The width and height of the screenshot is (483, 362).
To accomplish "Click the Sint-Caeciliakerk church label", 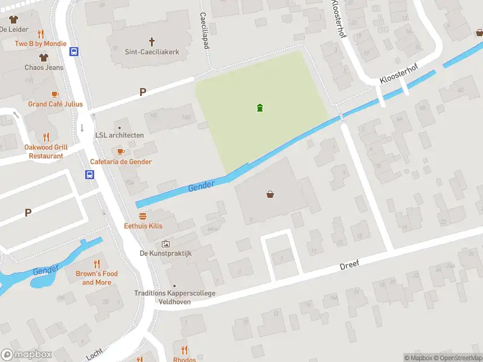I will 152,52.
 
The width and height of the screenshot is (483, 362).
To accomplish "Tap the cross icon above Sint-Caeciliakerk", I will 152,42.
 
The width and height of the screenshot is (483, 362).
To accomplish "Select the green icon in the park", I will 260,108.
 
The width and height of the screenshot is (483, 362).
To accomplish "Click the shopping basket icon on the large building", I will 270,194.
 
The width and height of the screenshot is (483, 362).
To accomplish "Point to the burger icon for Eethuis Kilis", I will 143,215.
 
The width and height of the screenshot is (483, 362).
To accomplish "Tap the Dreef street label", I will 349,264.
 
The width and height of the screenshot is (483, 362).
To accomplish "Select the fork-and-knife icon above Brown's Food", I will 97,264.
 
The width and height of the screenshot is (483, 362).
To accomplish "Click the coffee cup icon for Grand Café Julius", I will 54,94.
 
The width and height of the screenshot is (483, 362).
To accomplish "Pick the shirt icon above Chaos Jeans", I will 43,58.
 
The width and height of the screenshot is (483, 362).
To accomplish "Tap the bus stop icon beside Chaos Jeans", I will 74,52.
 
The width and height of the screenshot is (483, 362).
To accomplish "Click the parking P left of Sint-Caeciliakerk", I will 142,92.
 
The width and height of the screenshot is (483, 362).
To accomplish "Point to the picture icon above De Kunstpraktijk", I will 165,244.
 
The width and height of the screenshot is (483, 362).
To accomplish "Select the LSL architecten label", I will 120,135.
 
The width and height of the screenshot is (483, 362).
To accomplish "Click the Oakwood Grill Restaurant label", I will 46,151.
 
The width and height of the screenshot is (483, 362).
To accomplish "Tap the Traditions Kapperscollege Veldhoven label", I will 174,297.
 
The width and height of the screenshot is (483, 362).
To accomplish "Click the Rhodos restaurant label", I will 184,360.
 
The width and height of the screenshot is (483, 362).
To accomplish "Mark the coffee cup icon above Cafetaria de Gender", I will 120,151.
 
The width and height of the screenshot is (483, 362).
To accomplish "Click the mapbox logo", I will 27,355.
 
